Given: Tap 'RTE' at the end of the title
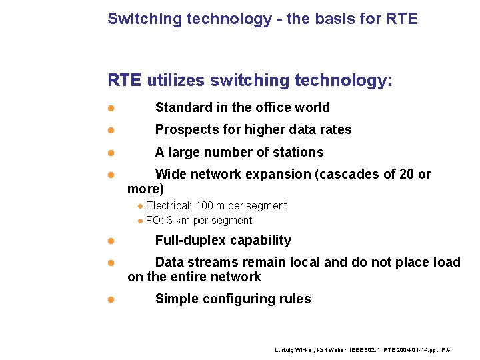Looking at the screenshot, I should pos(402,19).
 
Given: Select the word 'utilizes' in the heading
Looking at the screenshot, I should pos(175,81).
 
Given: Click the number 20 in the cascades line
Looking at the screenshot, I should pos(404,174).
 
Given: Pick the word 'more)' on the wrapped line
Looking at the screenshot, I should pos(145,189).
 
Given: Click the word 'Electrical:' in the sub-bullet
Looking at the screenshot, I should pos(169,206).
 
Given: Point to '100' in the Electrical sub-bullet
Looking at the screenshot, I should pos(205,206).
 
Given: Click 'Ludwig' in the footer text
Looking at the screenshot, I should pos(285,350).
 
